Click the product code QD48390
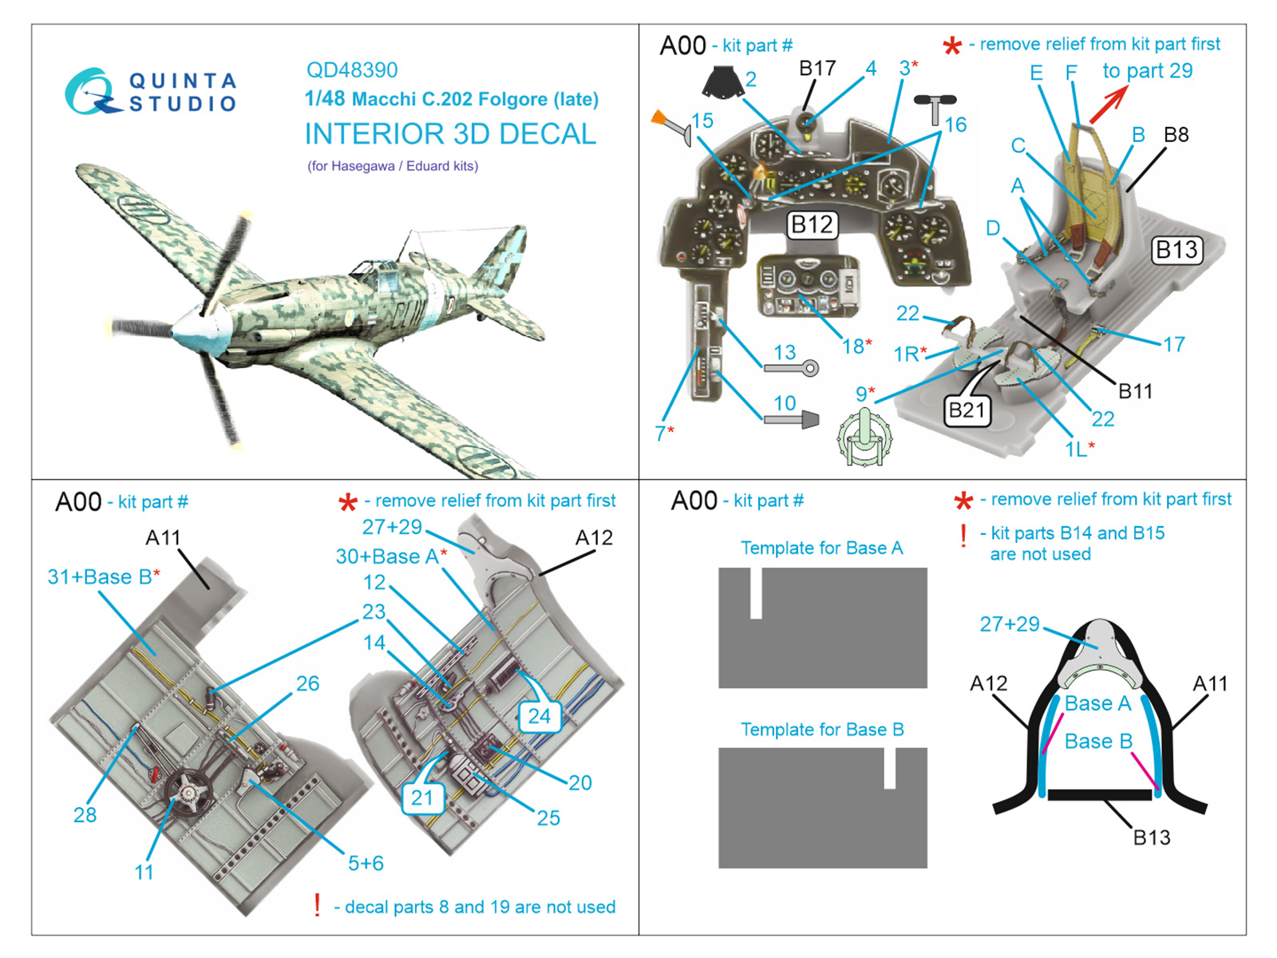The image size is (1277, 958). coord(351,70)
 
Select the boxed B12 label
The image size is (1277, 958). coord(812,225)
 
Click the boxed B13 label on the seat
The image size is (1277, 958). coord(1177,250)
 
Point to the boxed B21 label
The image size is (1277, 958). coord(967,410)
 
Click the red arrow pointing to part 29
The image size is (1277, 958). coord(1109,104)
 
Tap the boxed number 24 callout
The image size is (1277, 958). coord(540,716)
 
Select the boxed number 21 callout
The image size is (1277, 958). coord(422,797)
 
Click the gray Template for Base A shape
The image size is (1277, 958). coord(823,639)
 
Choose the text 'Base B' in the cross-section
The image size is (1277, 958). coord(1098,742)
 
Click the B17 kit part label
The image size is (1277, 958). coord(817,69)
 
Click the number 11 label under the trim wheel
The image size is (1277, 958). coord(144,872)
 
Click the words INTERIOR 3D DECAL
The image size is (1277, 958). coord(450,134)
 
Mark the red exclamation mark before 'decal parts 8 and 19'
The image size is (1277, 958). coord(318,905)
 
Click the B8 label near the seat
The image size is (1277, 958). coord(1176,134)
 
